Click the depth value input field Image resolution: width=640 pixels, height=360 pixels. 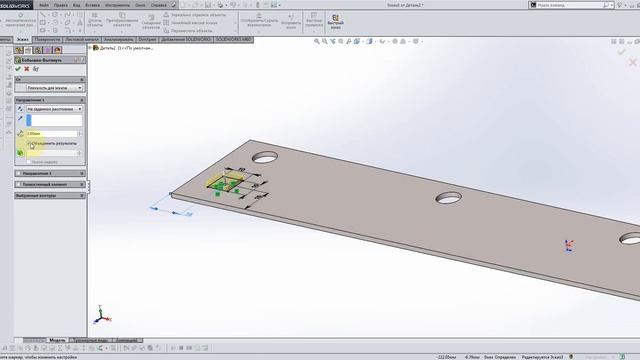(53, 132)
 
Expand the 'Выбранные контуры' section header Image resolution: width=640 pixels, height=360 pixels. (50, 195)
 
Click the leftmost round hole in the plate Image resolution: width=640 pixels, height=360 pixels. (265, 157)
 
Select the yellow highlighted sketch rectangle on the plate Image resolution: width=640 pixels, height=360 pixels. (222, 185)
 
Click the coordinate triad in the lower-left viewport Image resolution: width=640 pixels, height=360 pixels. (98, 316)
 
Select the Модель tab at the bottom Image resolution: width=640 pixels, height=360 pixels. (57, 340)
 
